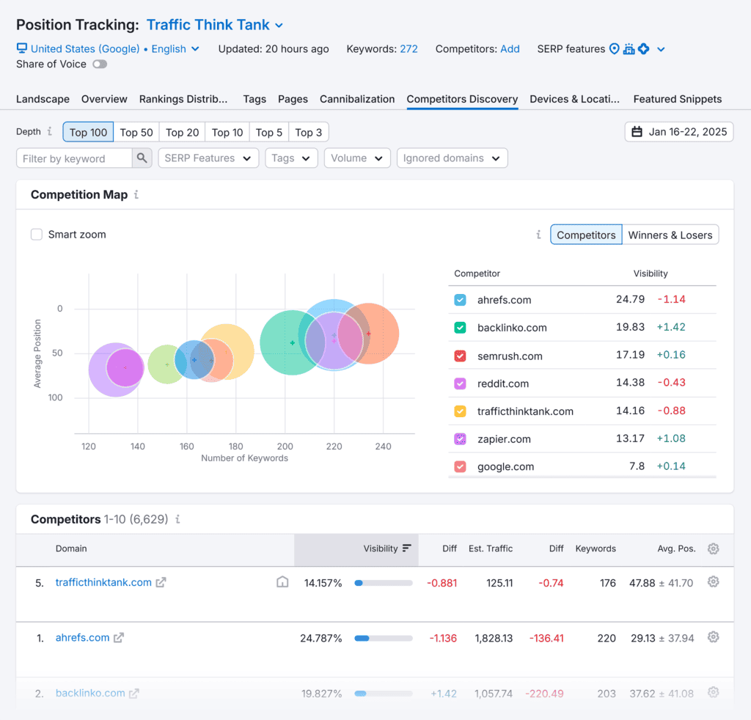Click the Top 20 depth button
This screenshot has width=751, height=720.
[182, 132]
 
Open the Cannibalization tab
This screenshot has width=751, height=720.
[357, 99]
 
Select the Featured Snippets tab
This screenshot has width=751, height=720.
[677, 99]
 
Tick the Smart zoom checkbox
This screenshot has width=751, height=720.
[37, 235]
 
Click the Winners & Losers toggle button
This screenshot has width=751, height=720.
[670, 235]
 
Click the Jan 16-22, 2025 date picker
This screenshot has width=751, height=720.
[679, 132]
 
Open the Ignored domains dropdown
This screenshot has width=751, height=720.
[451, 158]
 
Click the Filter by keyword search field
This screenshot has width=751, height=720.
[75, 158]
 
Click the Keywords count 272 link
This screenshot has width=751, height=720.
[409, 49]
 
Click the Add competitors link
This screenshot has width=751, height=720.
[510, 49]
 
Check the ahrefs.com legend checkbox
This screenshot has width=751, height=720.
[460, 300]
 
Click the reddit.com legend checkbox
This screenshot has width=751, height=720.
[460, 383]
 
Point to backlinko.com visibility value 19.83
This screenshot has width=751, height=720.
[630, 328]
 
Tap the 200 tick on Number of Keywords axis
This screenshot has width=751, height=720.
[285, 447]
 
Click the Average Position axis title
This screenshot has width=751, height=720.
[38, 353]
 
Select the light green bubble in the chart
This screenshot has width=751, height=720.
[166, 364]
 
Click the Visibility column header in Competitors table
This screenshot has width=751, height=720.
[381, 548]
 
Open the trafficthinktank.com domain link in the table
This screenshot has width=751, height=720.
[103, 583]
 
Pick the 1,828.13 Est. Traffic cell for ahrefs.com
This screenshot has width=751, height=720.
[494, 638]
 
